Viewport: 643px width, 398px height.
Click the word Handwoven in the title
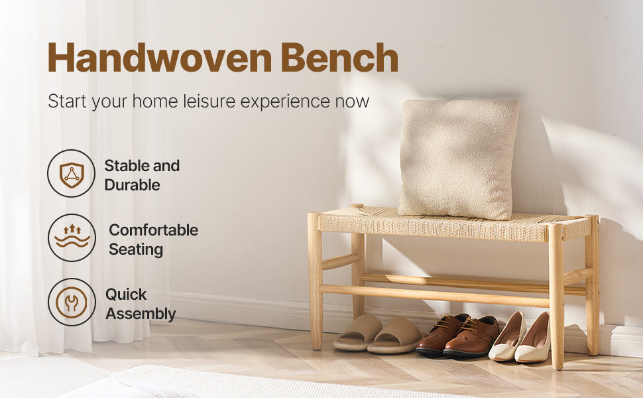click(159, 58)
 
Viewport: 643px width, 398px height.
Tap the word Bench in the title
click(339, 58)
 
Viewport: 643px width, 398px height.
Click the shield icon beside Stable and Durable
click(71, 174)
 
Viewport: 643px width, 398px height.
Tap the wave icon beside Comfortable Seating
click(72, 237)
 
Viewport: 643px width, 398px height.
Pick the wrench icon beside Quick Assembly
click(72, 302)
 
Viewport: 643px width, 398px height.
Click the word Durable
click(132, 185)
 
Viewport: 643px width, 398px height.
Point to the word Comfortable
click(153, 230)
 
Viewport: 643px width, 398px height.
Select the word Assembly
click(141, 314)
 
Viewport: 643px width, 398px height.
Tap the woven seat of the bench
click(451, 226)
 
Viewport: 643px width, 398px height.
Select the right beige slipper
click(396, 336)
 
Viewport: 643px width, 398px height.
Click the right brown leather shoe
click(471, 337)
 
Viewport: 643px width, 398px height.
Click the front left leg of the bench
click(315, 292)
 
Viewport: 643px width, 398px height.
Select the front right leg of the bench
click(556, 298)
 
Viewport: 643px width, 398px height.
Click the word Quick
click(126, 295)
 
